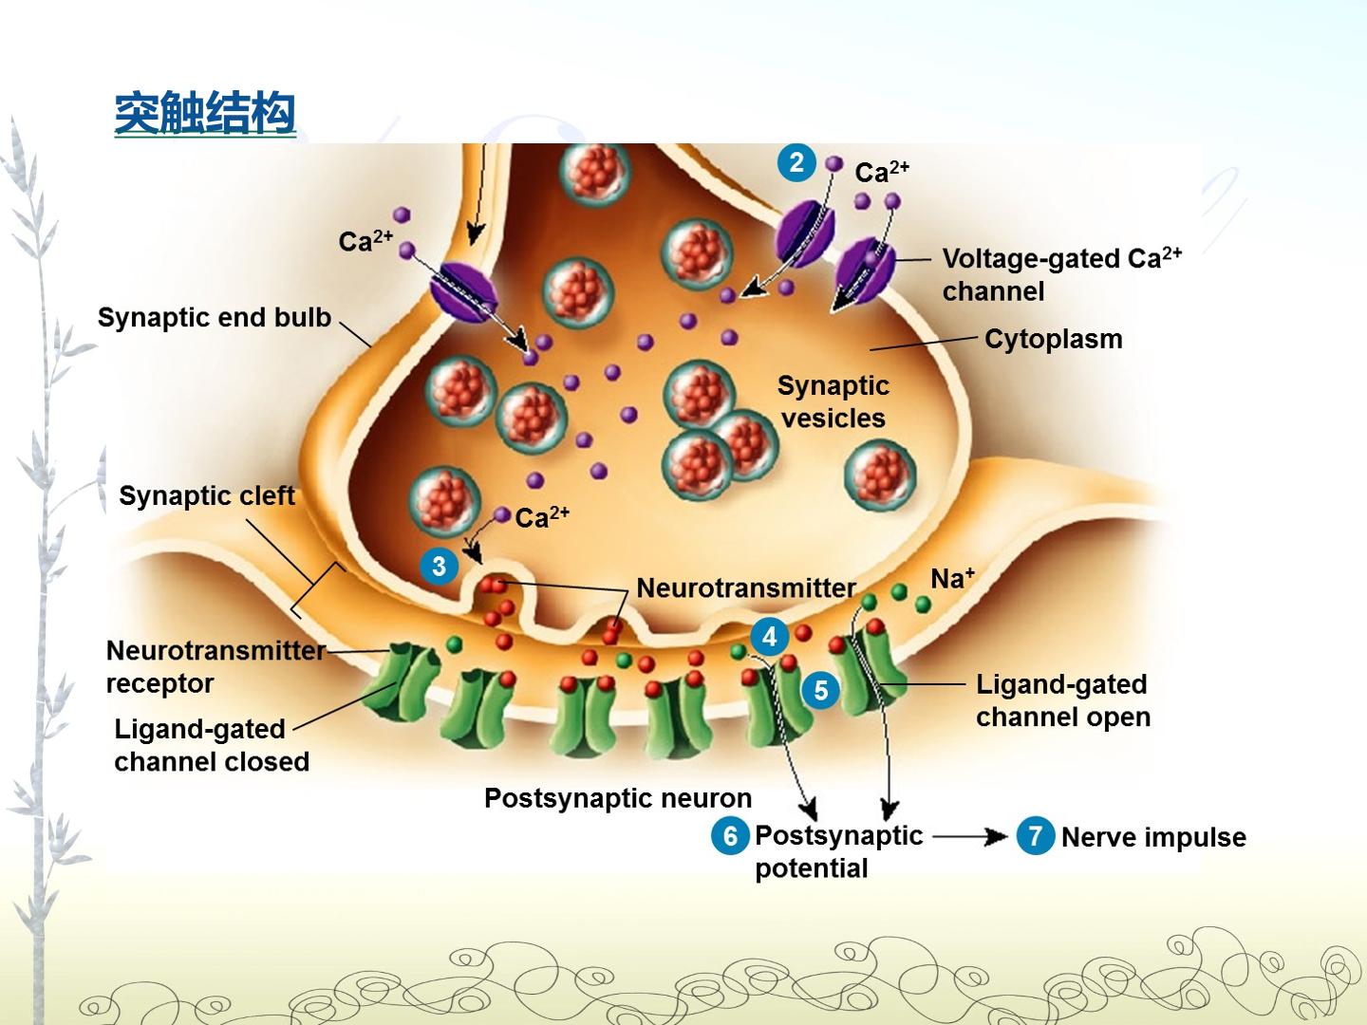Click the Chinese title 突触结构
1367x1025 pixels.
tap(205, 113)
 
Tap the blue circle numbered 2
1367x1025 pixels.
tap(796, 163)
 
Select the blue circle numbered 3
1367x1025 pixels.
tap(440, 567)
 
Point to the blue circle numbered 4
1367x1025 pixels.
tap(770, 637)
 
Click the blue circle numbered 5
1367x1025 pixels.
tap(821, 690)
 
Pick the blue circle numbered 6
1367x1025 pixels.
tap(731, 836)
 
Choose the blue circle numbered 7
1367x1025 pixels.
tap(1035, 836)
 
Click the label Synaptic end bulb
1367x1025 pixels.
tap(215, 317)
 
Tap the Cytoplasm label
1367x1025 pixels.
tap(1053, 339)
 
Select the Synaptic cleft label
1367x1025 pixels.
tap(207, 496)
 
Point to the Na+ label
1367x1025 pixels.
tap(952, 578)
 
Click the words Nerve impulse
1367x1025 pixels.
tap(1153, 837)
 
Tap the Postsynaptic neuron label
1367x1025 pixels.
tap(618, 798)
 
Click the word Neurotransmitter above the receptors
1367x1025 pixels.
tap(746, 588)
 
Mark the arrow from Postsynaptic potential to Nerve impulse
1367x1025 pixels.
tap(969, 837)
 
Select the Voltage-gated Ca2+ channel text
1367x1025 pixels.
tap(1061, 274)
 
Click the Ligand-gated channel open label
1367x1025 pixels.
tap(1062, 700)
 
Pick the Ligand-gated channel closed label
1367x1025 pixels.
tap(212, 745)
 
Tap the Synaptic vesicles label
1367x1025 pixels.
tap(833, 402)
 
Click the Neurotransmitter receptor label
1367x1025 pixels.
tap(215, 666)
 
